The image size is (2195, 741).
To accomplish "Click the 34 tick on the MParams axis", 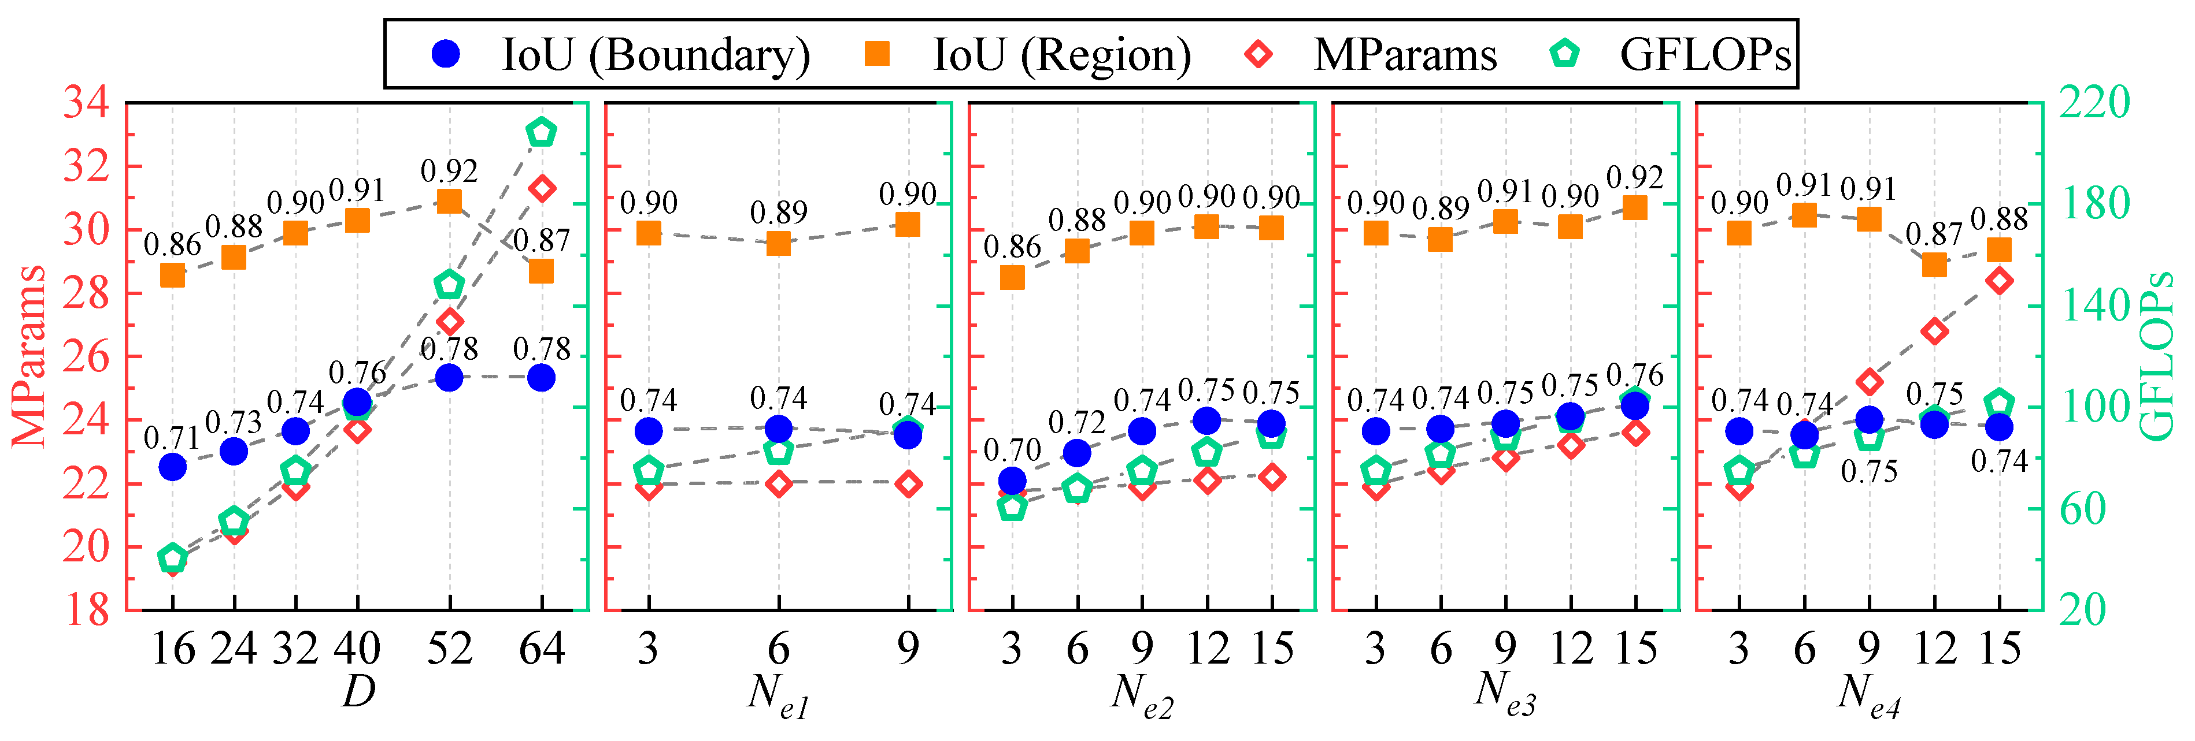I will coord(86,103).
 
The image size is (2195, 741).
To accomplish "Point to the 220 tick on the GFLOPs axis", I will coord(2094,103).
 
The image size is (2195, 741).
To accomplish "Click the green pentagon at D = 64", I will coord(541,133).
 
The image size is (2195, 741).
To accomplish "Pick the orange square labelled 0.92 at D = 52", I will coord(449,201).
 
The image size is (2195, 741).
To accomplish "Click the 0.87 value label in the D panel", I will coord(541,241).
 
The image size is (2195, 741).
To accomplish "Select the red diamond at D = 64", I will coord(541,188).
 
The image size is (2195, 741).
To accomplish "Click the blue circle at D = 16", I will coord(173,467).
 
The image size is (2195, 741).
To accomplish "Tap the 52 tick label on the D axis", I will coord(449,649).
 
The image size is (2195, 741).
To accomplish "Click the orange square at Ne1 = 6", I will coord(778,244).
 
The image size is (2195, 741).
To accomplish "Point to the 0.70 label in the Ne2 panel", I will coord(1012,450).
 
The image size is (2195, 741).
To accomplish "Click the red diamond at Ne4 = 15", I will coord(1999,280).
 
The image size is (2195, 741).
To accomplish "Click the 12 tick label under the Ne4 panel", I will coord(1934,649).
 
